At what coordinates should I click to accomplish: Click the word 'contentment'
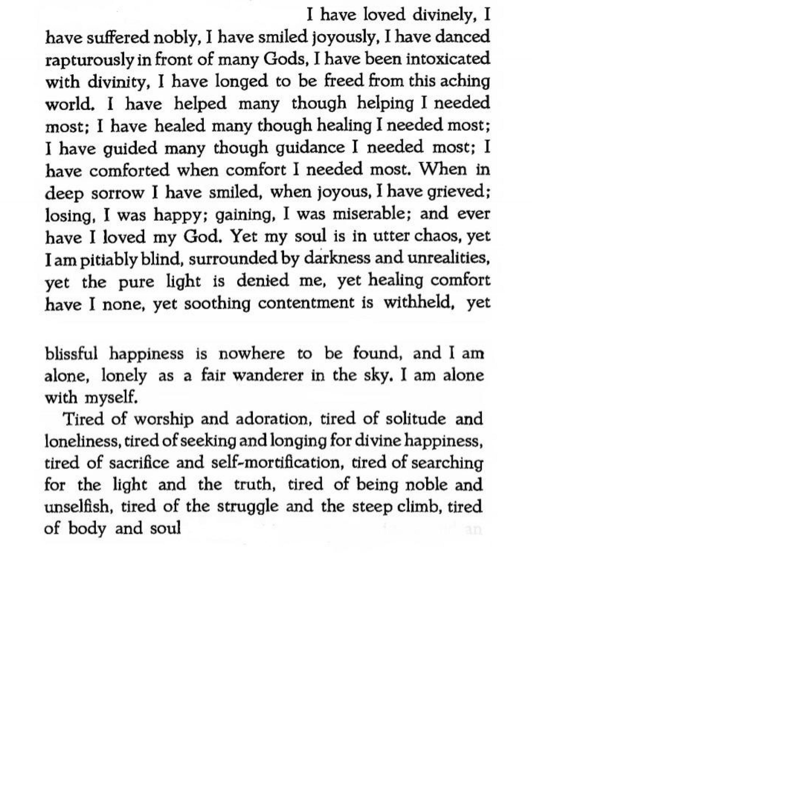[x=306, y=303]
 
